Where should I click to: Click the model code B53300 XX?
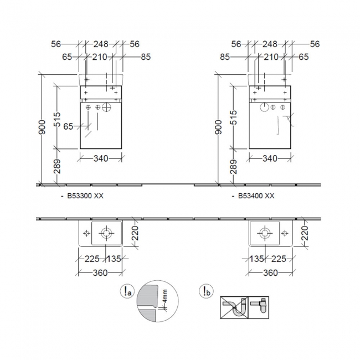[85, 196]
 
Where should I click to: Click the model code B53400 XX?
[256, 196]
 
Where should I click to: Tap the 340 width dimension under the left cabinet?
[101, 158]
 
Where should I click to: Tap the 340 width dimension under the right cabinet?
[270, 158]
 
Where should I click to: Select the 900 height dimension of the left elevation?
[42, 127]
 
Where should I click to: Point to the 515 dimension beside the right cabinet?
[233, 117]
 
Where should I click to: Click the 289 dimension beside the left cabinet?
[56, 167]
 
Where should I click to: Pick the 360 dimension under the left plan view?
[100, 272]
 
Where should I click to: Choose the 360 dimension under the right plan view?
[270, 272]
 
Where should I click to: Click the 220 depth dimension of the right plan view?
[304, 233]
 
